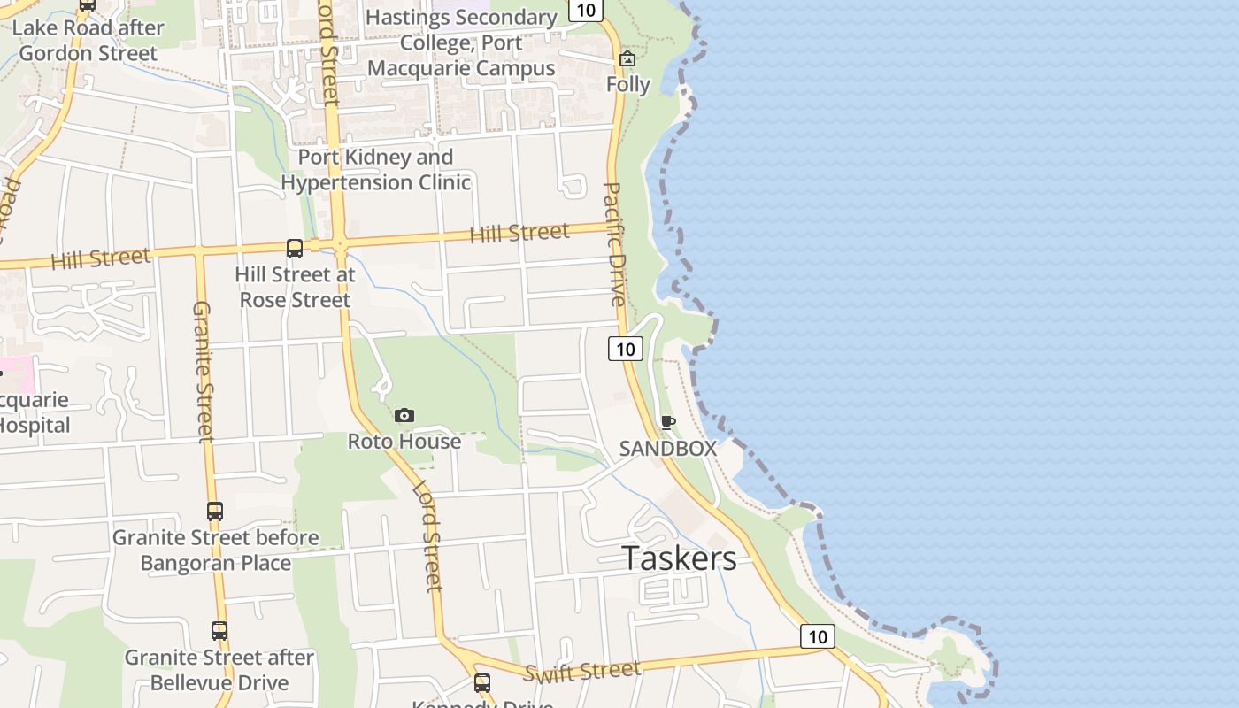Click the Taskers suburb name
(679, 558)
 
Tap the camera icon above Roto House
(404, 415)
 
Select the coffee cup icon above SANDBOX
(668, 422)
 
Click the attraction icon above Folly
(627, 59)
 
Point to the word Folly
(628, 85)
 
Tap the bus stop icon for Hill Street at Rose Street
(295, 249)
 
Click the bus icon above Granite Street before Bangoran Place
(215, 511)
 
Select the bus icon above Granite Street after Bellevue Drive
(219, 631)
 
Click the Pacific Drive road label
(615, 244)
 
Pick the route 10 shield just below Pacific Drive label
(626, 349)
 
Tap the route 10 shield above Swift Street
(818, 636)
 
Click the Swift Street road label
(581, 672)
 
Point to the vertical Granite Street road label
(204, 371)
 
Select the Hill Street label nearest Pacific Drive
(519, 234)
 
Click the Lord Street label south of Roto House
(427, 536)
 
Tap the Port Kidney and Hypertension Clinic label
(376, 170)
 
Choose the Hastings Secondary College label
(461, 42)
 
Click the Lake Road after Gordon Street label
(88, 41)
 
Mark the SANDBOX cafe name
(667, 449)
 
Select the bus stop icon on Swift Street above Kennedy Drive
(482, 682)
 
